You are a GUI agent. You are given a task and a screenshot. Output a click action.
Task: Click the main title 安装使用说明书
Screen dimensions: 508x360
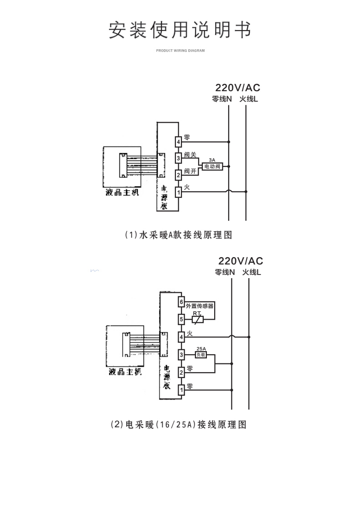(x=180, y=30)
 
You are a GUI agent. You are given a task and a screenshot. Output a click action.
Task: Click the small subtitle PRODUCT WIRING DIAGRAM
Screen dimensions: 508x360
(x=180, y=51)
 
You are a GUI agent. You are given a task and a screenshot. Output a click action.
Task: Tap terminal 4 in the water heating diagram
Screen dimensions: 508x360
(x=179, y=142)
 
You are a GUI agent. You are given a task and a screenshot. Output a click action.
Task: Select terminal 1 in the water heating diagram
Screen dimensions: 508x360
(x=179, y=192)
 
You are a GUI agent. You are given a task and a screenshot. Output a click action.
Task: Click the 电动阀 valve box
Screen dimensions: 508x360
(x=211, y=167)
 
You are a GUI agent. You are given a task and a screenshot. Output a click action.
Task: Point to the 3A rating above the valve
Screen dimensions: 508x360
(x=211, y=160)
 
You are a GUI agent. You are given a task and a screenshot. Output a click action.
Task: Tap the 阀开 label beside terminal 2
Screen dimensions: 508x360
(x=190, y=171)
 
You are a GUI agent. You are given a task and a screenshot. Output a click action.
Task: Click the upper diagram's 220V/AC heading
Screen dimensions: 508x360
(x=237, y=88)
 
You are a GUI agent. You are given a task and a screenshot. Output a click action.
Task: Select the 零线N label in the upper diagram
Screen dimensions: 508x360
(x=222, y=99)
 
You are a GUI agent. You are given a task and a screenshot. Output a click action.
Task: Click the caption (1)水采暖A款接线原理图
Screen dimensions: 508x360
(x=179, y=235)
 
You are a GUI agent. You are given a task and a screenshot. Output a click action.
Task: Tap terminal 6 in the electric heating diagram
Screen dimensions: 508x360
(x=181, y=302)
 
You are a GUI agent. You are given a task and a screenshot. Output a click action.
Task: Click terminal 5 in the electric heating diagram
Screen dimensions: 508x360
(x=181, y=319)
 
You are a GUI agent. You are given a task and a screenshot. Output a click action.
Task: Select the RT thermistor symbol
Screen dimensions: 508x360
(x=197, y=319)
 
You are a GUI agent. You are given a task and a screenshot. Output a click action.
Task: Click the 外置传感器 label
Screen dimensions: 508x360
(x=200, y=306)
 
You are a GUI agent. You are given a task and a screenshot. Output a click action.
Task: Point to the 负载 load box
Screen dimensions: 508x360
(x=201, y=354)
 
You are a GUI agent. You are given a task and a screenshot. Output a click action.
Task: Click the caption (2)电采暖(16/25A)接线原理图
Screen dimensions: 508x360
(x=179, y=425)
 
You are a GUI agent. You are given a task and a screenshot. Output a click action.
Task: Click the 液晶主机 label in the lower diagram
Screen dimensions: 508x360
(x=125, y=372)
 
